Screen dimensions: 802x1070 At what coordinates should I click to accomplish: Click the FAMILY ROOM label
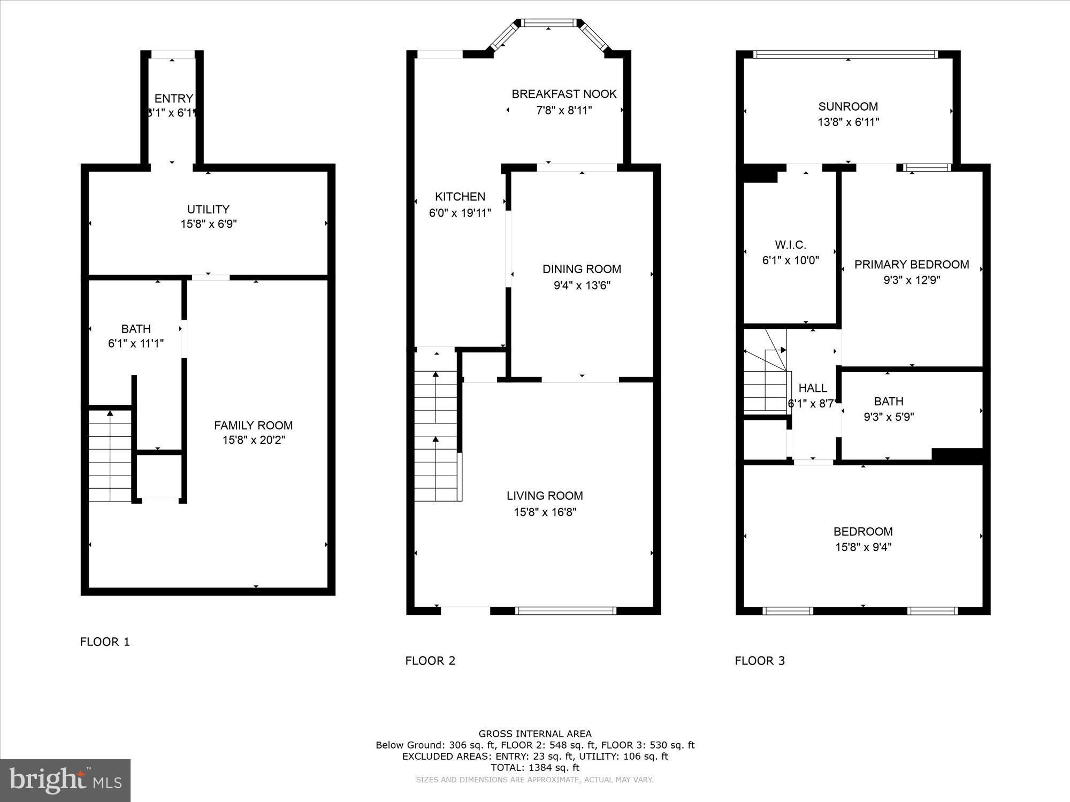tap(253, 426)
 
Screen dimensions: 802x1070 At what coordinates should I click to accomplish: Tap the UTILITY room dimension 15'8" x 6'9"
tap(208, 224)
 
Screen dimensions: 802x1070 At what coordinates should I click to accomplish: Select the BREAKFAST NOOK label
tap(564, 94)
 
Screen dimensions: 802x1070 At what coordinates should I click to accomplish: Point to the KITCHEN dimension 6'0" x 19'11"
tap(460, 213)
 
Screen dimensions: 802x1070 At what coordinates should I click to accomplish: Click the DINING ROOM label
tap(582, 269)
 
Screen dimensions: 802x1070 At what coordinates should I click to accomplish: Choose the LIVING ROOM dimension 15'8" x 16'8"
tap(545, 512)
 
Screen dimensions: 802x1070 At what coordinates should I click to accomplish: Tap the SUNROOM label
tap(848, 106)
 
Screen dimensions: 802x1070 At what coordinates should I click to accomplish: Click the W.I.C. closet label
tap(790, 245)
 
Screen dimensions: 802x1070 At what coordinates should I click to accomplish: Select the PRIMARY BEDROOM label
tap(911, 265)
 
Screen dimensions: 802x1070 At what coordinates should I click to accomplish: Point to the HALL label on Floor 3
tap(812, 388)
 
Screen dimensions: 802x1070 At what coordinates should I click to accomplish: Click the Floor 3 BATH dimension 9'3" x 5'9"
tap(889, 417)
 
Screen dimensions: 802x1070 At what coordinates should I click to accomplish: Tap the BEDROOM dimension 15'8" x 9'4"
tap(863, 547)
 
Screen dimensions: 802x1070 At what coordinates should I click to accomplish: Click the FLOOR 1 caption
tap(105, 642)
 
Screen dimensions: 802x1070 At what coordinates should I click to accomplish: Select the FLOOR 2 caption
tap(430, 660)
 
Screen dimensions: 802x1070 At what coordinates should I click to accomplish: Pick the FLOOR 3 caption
tap(760, 660)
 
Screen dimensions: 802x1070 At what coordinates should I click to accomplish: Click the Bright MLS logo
tap(65, 781)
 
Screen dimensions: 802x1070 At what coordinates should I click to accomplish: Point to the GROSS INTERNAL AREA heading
tap(535, 734)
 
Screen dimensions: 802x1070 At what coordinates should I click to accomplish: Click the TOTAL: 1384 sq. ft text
tap(535, 767)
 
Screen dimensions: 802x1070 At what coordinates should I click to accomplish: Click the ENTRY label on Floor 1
tap(173, 98)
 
